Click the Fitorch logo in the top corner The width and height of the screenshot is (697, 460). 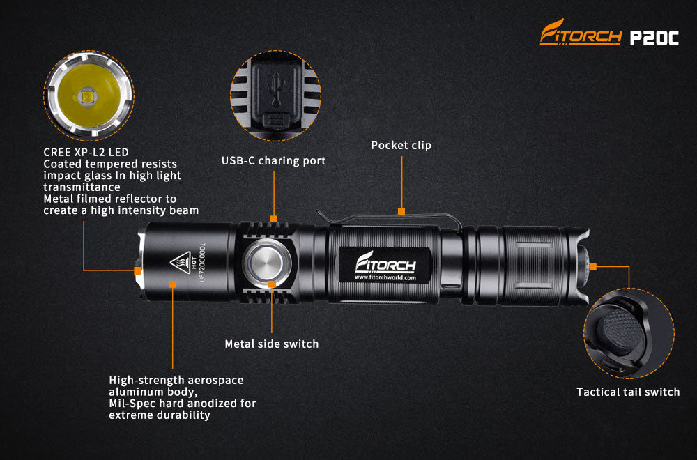(x=580, y=35)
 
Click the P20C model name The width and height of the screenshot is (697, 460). (x=654, y=38)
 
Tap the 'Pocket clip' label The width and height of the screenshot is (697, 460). (x=401, y=146)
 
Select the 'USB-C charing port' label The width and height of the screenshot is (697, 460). (x=273, y=161)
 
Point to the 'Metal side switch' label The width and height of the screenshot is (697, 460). (x=271, y=344)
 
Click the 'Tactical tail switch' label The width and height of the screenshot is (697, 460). (x=627, y=392)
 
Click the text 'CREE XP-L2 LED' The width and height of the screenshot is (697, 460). (x=86, y=151)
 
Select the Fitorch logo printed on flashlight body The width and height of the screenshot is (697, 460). (x=385, y=264)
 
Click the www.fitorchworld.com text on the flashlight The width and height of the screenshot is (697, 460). (x=385, y=277)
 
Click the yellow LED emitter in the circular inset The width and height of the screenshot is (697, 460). (x=88, y=97)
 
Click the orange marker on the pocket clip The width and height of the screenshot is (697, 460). (x=401, y=210)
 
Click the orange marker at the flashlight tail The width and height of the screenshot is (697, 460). (x=593, y=266)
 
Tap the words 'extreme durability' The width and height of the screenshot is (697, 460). (x=160, y=415)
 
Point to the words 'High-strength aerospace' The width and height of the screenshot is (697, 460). (x=176, y=380)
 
